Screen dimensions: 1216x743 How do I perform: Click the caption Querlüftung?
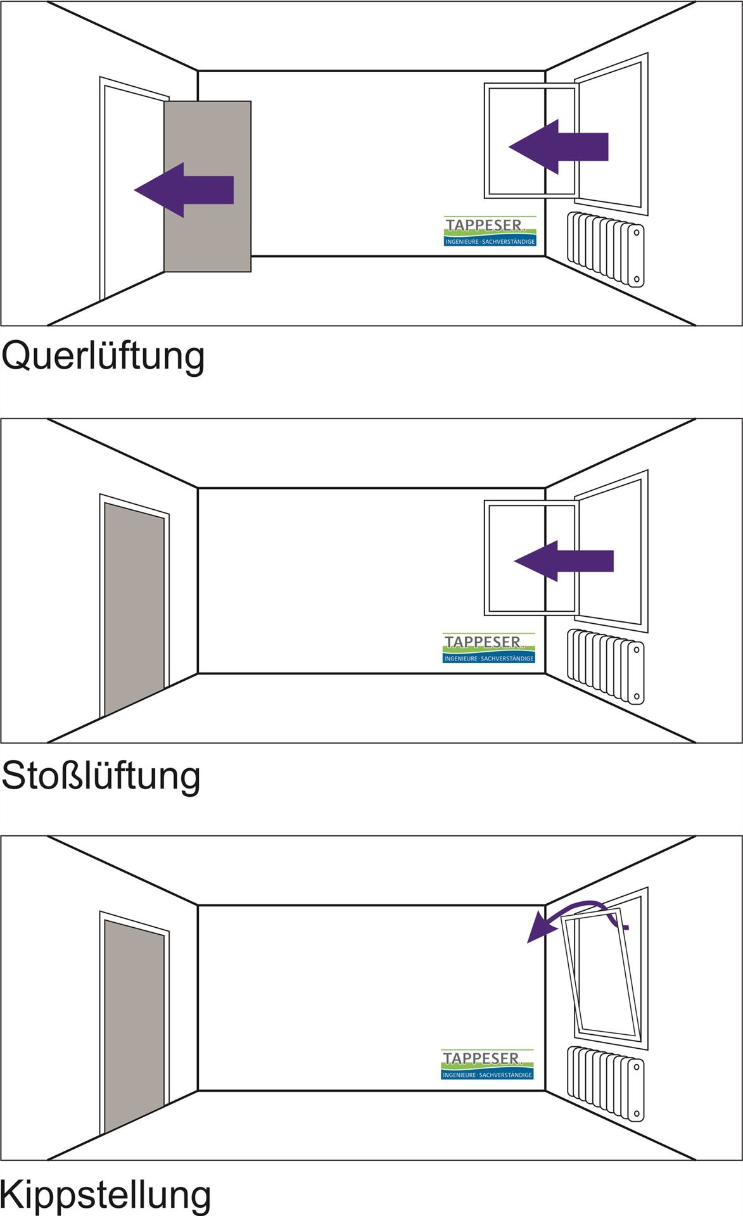[103, 357]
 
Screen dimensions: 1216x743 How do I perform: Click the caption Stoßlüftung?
[101, 776]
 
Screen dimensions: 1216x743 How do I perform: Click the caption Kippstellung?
[105, 1194]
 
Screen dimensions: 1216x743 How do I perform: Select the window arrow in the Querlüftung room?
[558, 147]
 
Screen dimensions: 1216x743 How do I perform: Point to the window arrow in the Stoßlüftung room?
[563, 561]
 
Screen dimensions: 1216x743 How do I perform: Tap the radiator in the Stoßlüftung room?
[606, 666]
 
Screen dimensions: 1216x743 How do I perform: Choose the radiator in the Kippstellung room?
[606, 1083]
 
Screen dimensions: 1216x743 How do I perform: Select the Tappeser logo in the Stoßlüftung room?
[489, 648]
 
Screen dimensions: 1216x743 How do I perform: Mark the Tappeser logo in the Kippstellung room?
[488, 1065]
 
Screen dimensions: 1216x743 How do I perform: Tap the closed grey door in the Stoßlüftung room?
[134, 608]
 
